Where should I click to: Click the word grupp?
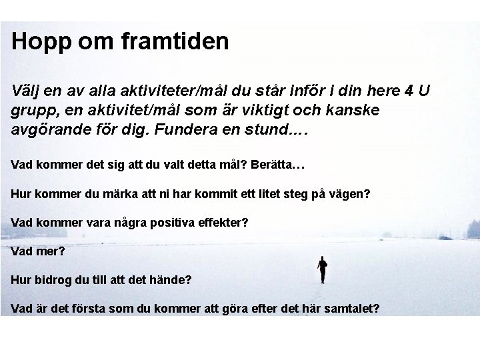point(32,110)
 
